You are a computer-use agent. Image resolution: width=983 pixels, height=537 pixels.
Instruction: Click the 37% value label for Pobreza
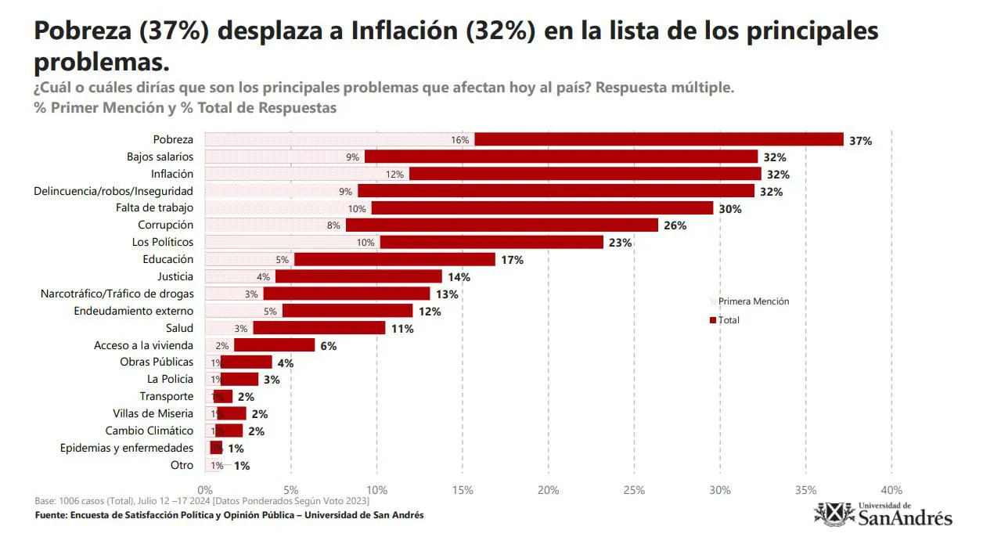pyautogui.click(x=860, y=141)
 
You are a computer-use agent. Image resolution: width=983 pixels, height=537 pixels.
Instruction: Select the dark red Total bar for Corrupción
pyautogui.click(x=501, y=225)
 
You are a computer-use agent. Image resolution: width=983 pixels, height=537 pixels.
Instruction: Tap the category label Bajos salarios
pyautogui.click(x=160, y=157)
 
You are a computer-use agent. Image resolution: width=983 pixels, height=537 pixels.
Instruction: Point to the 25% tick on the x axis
pyautogui.click(x=634, y=491)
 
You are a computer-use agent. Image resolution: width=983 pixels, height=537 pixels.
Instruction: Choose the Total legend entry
pyautogui.click(x=728, y=320)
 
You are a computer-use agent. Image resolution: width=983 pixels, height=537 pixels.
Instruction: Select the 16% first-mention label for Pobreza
pyautogui.click(x=459, y=140)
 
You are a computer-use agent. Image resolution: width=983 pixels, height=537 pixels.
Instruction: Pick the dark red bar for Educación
pyautogui.click(x=394, y=259)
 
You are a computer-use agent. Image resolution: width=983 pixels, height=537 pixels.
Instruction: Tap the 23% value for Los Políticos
pyautogui.click(x=620, y=243)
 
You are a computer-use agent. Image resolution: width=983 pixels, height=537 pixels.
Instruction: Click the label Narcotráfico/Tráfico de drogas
pyautogui.click(x=117, y=294)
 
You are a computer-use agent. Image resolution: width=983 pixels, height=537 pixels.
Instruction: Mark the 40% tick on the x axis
pyautogui.click(x=891, y=491)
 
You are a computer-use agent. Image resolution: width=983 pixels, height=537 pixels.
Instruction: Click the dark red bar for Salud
pyautogui.click(x=319, y=328)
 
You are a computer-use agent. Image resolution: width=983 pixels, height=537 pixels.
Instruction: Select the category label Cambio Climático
pyautogui.click(x=149, y=431)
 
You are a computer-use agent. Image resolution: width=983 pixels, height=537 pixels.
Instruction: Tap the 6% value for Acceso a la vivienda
pyautogui.click(x=328, y=346)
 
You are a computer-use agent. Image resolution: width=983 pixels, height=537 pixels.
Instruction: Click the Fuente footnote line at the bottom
pyautogui.click(x=229, y=515)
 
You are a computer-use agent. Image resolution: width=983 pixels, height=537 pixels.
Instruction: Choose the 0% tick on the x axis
pyautogui.click(x=205, y=491)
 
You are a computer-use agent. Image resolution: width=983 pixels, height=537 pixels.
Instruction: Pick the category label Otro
pyautogui.click(x=182, y=465)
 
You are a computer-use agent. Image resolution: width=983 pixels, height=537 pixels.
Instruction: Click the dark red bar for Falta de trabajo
pyautogui.click(x=542, y=208)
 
